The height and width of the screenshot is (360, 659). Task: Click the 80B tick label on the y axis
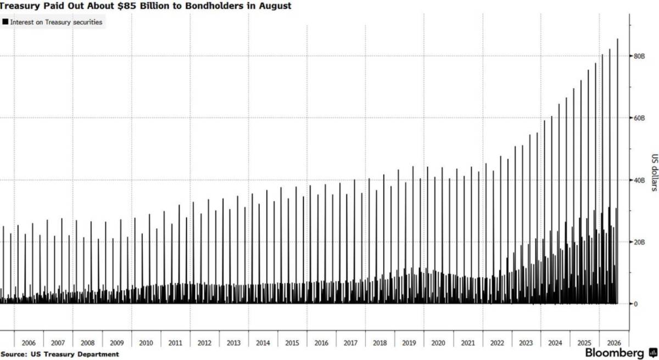pyautogui.click(x=639, y=56)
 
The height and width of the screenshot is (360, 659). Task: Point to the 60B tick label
pyautogui.click(x=639, y=118)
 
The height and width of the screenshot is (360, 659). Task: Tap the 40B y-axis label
pyautogui.click(x=639, y=180)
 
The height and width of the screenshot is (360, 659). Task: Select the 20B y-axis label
pyautogui.click(x=639, y=242)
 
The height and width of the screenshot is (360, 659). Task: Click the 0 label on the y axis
pyautogui.click(x=635, y=304)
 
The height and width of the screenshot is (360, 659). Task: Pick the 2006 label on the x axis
pyautogui.click(x=29, y=343)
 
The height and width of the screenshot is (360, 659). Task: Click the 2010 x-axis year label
pyautogui.click(x=146, y=343)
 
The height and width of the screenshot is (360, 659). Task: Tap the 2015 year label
pyautogui.click(x=292, y=343)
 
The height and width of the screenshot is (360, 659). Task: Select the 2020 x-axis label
pyautogui.click(x=438, y=343)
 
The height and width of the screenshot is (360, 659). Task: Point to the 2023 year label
pyautogui.click(x=526, y=343)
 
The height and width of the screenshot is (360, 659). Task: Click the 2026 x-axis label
pyautogui.click(x=614, y=343)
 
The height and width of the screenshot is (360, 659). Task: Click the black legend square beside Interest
pyautogui.click(x=5, y=22)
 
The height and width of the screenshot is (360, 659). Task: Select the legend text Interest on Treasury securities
pyautogui.click(x=56, y=22)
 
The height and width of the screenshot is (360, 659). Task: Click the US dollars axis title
pyautogui.click(x=654, y=172)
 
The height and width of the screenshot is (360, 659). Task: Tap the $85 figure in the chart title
pyautogui.click(x=126, y=6)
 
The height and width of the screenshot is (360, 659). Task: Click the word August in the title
pyautogui.click(x=275, y=6)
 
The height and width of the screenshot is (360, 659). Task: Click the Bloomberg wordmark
pyautogui.click(x=615, y=353)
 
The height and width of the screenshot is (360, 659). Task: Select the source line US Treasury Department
pyautogui.click(x=75, y=355)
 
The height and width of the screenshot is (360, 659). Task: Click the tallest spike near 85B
pyautogui.click(x=617, y=171)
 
